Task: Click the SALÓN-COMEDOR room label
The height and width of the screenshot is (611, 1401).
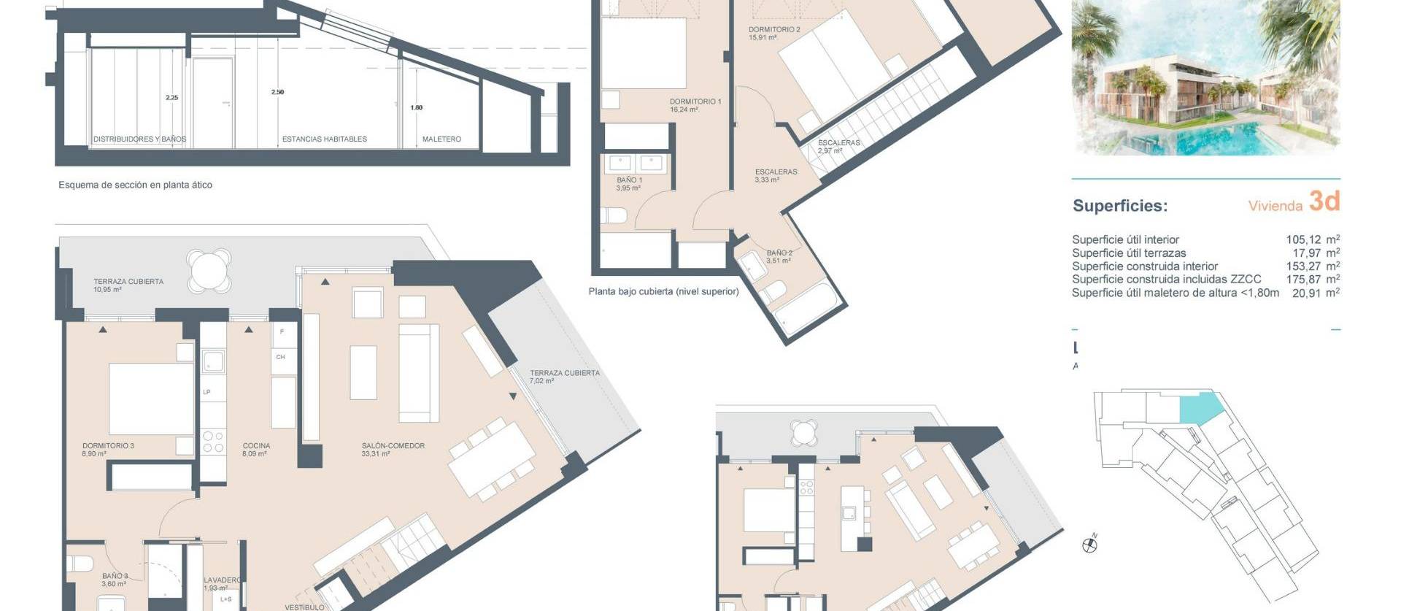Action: [393, 446]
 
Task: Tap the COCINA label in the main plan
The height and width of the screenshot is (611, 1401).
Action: [256, 446]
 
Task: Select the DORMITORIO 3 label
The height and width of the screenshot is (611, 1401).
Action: [108, 446]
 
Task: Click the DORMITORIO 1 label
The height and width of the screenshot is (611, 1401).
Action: [695, 102]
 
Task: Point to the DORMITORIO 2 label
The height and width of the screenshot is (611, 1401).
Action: [774, 30]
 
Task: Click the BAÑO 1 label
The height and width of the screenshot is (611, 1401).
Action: [629, 180]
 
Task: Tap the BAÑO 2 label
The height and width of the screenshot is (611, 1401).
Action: [779, 253]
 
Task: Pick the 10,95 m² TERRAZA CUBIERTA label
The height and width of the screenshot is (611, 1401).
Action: [128, 282]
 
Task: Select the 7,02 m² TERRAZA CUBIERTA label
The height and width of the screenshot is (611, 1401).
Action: [564, 373]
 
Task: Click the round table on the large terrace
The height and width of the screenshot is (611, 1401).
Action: [209, 269]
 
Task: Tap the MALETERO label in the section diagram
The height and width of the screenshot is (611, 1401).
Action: [441, 139]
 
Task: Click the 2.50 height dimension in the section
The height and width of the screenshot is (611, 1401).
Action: [277, 93]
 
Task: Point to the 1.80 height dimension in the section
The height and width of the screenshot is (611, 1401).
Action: [416, 108]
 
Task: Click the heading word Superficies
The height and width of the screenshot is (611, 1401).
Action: [1119, 206]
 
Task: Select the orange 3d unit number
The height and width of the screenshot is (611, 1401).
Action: [1324, 201]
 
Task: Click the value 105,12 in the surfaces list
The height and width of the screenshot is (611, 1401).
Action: [1303, 239]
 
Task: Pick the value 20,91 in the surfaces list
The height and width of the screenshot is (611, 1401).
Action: [1303, 293]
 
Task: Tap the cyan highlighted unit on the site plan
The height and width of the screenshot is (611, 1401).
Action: [1200, 407]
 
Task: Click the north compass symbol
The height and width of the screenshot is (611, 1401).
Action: [1090, 544]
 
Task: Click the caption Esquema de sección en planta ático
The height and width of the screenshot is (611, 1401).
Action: [135, 185]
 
